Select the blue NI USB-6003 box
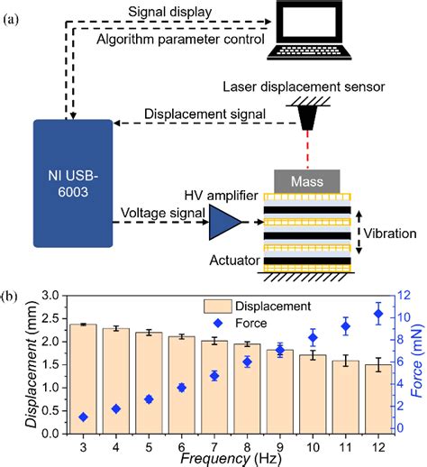point(72,181)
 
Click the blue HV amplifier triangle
point(220,220)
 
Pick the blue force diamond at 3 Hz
point(84,417)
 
